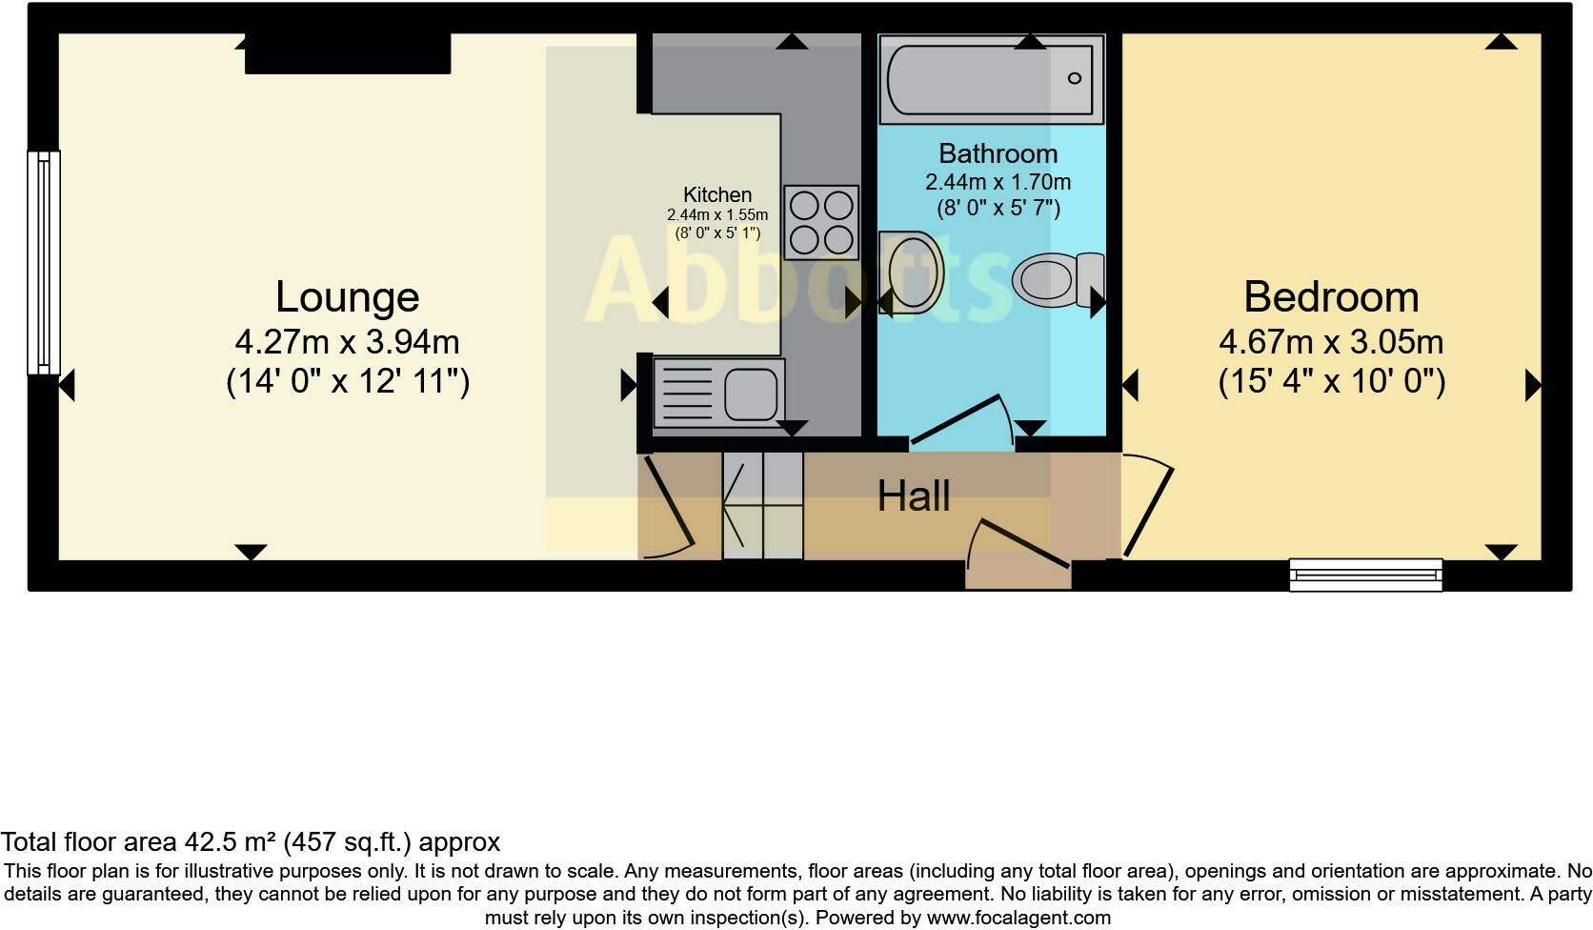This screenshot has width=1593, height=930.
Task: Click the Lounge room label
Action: (347, 296)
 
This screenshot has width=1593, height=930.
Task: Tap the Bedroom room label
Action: (1331, 296)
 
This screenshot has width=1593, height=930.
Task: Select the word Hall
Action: (913, 496)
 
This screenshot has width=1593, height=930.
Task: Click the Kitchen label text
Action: (716, 194)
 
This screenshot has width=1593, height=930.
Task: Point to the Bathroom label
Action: (998, 153)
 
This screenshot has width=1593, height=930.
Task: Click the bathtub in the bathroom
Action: (991, 79)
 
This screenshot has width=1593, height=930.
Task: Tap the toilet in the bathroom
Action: (1056, 279)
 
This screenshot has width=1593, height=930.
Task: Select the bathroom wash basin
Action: (910, 272)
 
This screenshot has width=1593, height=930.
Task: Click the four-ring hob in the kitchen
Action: (821, 222)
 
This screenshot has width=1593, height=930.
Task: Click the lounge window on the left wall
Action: (44, 262)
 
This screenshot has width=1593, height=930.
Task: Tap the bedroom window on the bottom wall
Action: (1365, 574)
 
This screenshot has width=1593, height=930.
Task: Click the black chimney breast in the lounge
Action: (347, 53)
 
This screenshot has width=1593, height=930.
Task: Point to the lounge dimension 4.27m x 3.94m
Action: (347, 341)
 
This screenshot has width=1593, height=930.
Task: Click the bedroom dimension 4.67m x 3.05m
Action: (1331, 341)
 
